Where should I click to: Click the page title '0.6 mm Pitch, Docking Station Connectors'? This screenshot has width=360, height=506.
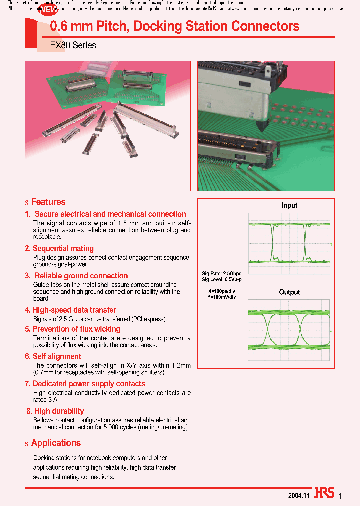click(x=175, y=26)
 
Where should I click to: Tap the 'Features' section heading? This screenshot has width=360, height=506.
click(x=48, y=202)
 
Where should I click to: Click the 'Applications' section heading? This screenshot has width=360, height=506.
click(x=56, y=443)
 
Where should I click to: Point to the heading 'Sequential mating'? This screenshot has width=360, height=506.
click(x=63, y=248)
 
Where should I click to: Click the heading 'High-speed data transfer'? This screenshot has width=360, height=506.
click(x=74, y=310)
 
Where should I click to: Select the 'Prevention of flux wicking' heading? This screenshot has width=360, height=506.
click(x=76, y=329)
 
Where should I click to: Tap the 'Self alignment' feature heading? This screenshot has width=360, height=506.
click(x=57, y=356)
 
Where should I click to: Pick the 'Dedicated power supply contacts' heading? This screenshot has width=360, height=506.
click(x=89, y=384)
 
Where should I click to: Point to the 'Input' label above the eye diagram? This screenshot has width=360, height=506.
click(x=289, y=205)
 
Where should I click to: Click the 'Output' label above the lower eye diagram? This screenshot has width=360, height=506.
click(x=289, y=292)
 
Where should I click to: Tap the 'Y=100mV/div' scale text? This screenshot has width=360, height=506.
click(x=221, y=297)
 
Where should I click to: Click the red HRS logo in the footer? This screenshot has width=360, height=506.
click(x=325, y=493)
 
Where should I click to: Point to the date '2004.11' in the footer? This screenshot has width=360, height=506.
click(x=299, y=495)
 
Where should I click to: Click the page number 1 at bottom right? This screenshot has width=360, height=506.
click(x=340, y=495)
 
